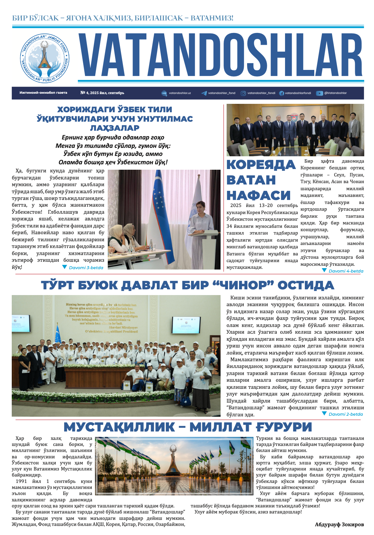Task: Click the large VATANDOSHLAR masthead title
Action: coord(221,56)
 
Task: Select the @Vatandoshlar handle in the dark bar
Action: coord(335,93)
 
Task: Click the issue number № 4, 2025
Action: coord(102,93)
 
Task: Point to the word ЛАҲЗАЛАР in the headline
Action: coord(114,128)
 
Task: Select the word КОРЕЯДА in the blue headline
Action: coord(261,165)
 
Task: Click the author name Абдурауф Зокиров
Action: coord(339,524)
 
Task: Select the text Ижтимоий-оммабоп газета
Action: coord(43,93)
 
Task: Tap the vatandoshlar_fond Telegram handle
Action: coord(222,93)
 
